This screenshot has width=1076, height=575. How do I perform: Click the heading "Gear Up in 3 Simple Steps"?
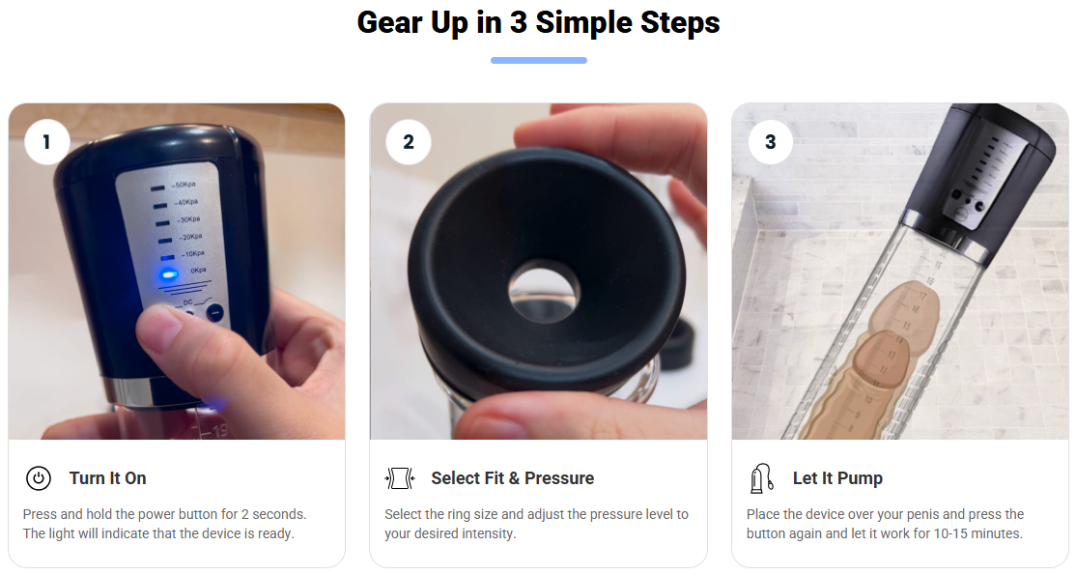click(x=538, y=22)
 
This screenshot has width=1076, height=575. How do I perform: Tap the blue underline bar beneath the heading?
click(x=539, y=61)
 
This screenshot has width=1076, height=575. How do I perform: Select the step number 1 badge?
click(x=46, y=142)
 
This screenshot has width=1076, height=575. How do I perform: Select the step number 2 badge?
click(x=409, y=142)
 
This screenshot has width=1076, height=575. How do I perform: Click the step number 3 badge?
click(x=771, y=142)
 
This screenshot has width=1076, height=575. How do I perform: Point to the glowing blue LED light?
click(x=168, y=274)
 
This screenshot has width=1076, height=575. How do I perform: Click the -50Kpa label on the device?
click(x=184, y=185)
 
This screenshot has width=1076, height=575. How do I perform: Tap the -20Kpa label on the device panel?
click(x=190, y=237)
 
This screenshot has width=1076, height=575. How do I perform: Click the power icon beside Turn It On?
click(x=39, y=478)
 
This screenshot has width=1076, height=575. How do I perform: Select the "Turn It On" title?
click(x=108, y=478)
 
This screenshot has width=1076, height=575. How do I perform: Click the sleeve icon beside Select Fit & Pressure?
click(x=400, y=478)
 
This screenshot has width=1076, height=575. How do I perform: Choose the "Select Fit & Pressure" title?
click(x=513, y=478)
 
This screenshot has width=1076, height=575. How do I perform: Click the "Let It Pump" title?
click(x=837, y=478)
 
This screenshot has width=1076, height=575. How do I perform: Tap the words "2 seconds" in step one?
click(x=273, y=514)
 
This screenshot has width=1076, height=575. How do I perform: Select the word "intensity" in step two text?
click(x=487, y=533)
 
